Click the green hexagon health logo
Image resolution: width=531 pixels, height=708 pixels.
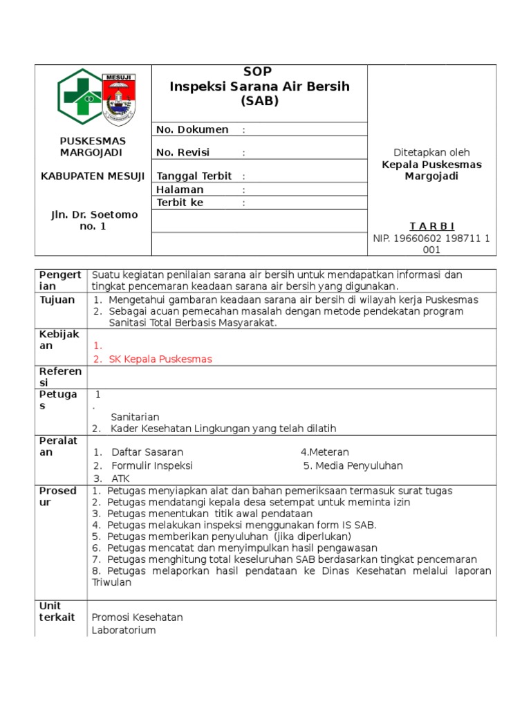point(79,97)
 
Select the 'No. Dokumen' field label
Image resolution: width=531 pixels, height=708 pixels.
point(192,129)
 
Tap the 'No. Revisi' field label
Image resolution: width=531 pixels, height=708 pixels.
point(183,152)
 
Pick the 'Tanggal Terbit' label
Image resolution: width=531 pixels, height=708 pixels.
point(194,176)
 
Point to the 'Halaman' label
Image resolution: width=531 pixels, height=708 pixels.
point(180,189)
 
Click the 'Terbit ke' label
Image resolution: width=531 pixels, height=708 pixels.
point(180,203)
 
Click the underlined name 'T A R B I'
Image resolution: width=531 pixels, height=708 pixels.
point(432,226)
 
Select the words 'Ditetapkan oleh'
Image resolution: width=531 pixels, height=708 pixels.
point(431,152)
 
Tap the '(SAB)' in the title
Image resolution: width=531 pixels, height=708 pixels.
point(259,101)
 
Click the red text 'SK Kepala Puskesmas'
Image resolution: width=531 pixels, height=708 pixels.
point(160,359)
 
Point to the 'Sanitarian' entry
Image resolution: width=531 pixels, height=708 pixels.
point(135,416)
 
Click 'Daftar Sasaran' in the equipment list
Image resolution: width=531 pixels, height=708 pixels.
point(147,451)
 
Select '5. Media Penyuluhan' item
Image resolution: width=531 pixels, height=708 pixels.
point(353,465)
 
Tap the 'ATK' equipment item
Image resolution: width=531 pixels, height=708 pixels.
point(120,478)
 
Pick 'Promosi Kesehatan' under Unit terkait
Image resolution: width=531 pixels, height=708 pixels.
point(137,617)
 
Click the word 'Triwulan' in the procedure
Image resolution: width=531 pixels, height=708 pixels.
point(111,582)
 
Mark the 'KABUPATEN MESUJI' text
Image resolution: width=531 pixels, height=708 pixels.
point(93,176)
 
